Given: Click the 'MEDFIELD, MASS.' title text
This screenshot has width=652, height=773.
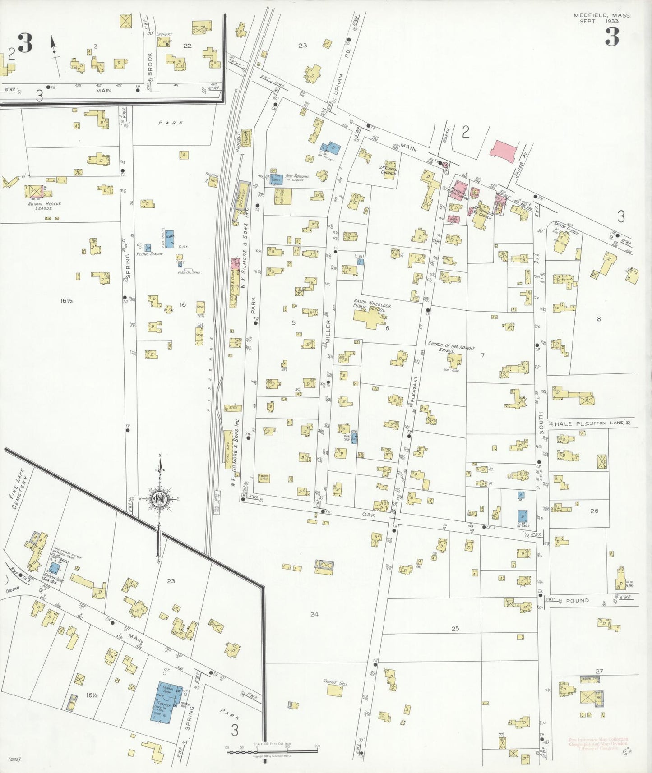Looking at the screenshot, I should pos(602,15).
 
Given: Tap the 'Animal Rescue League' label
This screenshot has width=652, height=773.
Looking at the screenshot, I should pos(44,206).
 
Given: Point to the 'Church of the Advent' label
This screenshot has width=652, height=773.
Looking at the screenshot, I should pos(451,346).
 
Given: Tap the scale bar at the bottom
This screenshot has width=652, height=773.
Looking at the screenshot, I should pos(272,750).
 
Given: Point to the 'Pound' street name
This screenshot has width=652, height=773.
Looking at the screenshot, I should pos(577,601).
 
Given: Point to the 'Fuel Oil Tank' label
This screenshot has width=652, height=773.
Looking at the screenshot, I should pos(189,273).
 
